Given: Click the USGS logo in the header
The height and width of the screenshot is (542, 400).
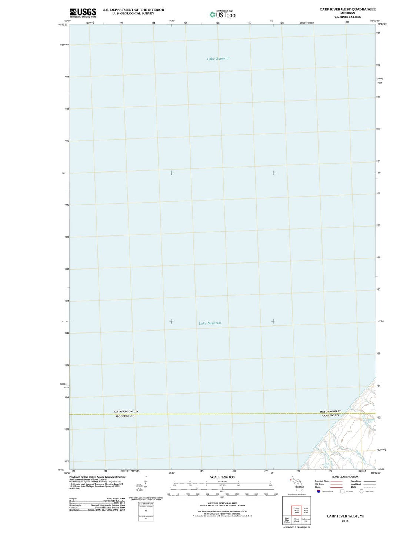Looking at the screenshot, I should point(83,13).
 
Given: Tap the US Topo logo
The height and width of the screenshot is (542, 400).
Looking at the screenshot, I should point(222,14).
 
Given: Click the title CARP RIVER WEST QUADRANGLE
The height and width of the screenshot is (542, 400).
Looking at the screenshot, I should point(347,9).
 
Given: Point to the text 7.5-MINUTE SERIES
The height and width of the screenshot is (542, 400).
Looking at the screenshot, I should point(347,17).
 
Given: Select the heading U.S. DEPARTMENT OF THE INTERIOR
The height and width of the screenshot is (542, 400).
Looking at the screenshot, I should point(133,10).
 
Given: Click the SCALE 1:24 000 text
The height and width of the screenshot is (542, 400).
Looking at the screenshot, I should point(222,477).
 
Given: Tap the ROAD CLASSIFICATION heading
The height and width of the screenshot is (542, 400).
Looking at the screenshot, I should point(345,477).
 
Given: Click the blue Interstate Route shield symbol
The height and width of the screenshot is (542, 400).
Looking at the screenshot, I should point(318,491).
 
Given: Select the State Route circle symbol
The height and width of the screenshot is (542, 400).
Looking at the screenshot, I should point(361,491).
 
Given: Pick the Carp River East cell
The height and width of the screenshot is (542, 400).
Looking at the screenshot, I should point(306,511).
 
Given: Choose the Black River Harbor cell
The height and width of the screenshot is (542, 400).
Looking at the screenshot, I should point(287,520).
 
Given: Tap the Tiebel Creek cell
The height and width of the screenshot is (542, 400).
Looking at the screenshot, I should point(297,520).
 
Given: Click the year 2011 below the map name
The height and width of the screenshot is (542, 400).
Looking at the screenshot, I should point(345,521).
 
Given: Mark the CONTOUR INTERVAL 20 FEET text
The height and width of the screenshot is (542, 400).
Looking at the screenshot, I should point(222,503).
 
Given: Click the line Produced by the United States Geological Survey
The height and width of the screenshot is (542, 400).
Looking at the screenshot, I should point(97,477).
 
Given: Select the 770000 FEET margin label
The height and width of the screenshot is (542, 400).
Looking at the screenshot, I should point(380,80).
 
